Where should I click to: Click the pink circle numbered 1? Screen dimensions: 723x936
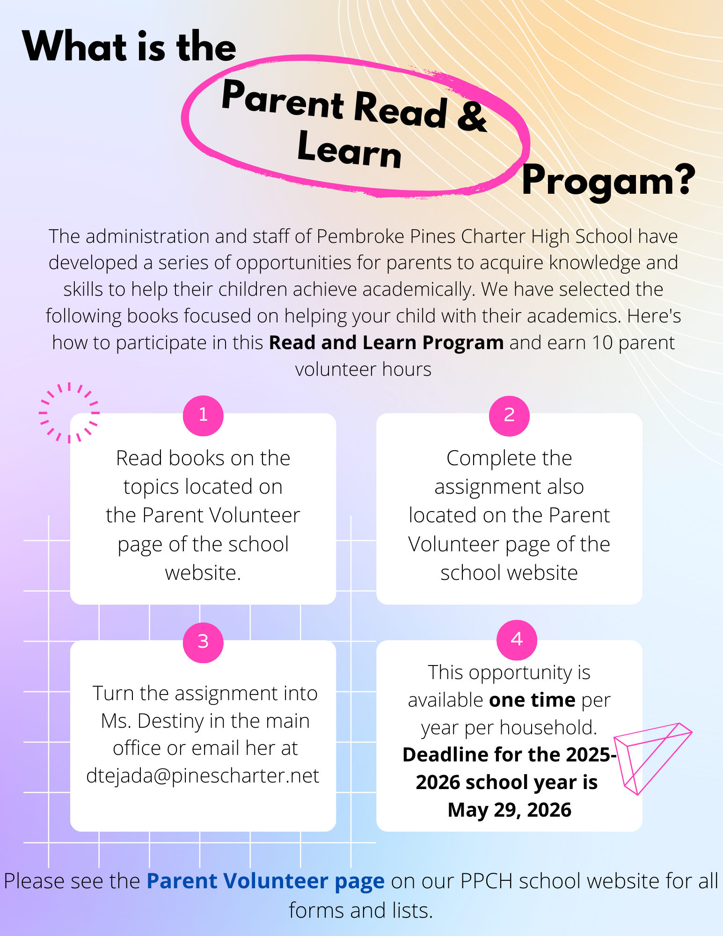tap(203, 416)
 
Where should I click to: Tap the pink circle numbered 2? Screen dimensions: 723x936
tap(509, 416)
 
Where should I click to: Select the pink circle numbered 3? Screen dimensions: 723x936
tap(203, 642)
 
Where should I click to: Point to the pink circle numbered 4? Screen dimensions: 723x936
tap(517, 640)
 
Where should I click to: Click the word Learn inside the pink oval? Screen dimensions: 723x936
tap(350, 150)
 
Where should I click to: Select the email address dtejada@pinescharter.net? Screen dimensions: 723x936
tap(203, 776)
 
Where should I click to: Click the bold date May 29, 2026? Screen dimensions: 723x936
tap(509, 810)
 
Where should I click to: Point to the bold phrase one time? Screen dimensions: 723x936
tap(532, 700)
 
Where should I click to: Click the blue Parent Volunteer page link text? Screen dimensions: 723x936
tap(265, 881)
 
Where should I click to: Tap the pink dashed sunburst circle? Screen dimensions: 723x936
tap(69, 413)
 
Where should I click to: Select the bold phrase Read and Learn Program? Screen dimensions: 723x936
tap(386, 343)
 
